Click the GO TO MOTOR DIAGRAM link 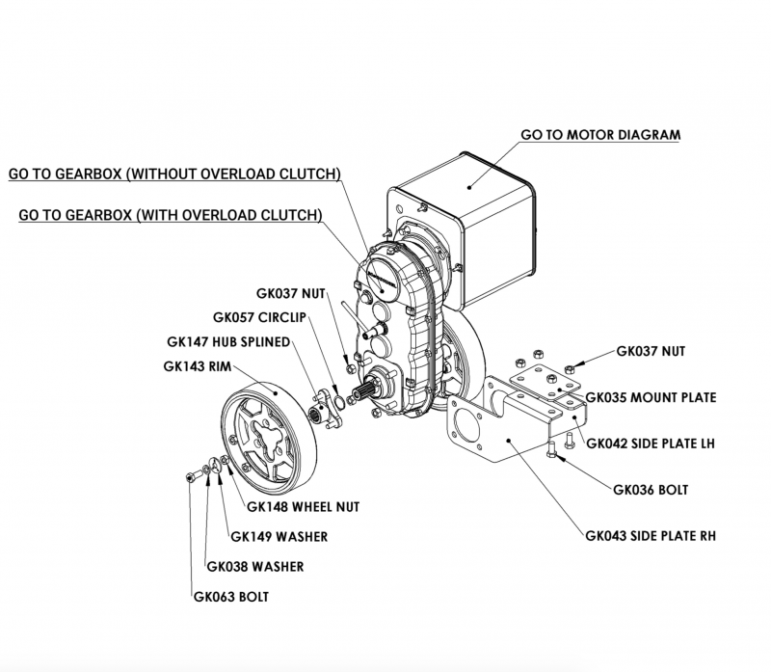tap(599, 134)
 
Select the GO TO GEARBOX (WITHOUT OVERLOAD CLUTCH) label tap(174, 175)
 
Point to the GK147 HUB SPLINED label tap(228, 340)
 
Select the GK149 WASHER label tap(279, 536)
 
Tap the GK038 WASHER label tap(255, 566)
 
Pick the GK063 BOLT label tap(230, 597)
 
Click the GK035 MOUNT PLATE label tap(651, 396)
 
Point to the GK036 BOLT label tap(651, 489)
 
